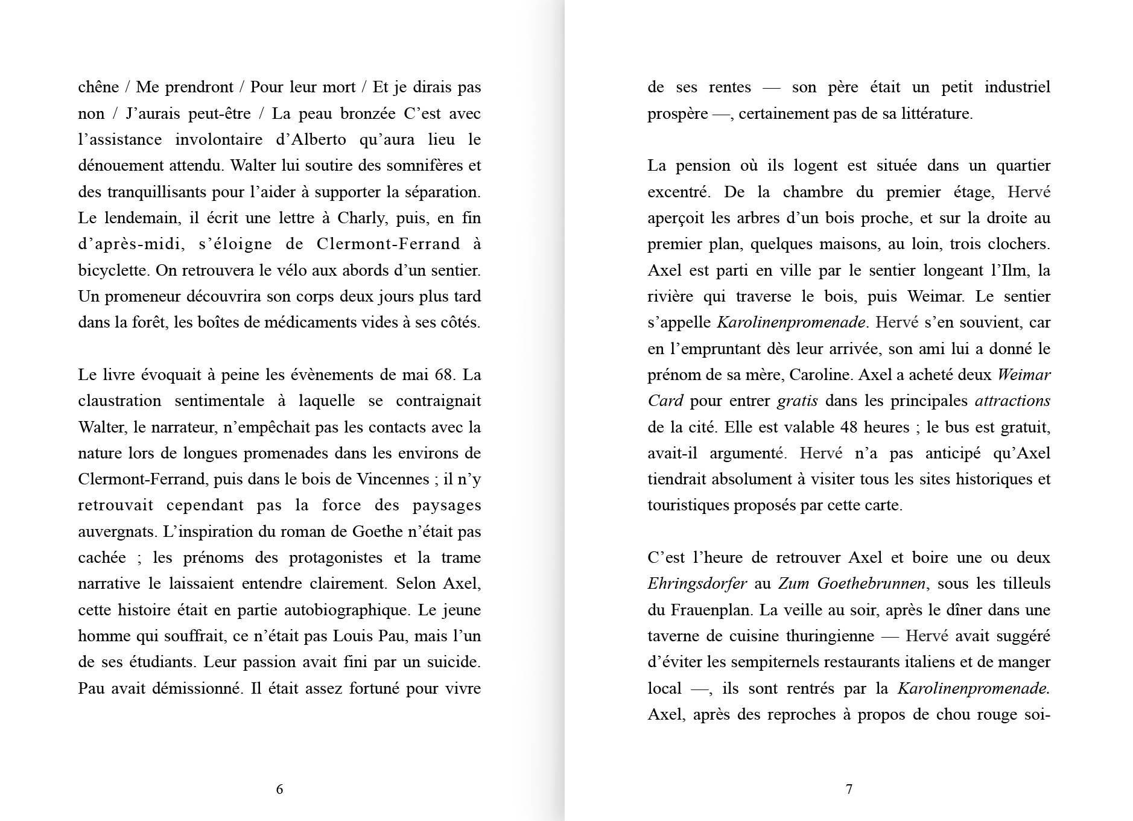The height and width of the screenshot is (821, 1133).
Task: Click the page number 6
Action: tap(279, 789)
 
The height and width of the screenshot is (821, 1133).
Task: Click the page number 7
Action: tap(849, 789)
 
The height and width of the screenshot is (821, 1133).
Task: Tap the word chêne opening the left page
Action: tap(98, 87)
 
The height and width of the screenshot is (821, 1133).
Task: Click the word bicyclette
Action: tap(113, 270)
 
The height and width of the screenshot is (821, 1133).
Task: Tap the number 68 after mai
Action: tap(443, 375)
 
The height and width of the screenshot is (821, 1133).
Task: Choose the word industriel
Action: tap(1017, 87)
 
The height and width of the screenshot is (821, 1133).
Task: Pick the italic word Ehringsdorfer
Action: tap(697, 584)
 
